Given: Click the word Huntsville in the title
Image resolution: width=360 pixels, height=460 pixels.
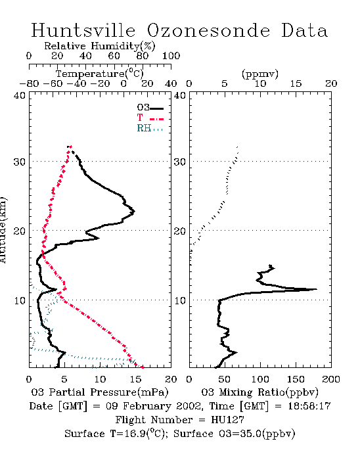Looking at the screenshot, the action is point(83,30).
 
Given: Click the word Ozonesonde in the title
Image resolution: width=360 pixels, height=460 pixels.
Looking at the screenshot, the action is point(208,30).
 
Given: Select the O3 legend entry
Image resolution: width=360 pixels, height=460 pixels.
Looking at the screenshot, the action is point(150,108).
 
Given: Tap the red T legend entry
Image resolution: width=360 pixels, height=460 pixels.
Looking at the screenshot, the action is point(150,118).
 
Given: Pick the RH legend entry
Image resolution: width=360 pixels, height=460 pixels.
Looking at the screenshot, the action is point(150,128).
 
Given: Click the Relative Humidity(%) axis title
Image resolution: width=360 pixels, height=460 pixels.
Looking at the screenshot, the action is point(100,46).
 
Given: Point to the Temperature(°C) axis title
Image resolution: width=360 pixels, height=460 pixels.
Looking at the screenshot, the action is point(100,74).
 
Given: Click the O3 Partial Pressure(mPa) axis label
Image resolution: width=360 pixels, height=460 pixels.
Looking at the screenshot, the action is point(100,392).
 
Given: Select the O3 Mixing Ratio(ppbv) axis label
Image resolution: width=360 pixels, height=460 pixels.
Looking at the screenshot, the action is point(259,392).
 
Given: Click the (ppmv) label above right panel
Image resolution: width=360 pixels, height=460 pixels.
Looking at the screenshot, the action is point(260,74).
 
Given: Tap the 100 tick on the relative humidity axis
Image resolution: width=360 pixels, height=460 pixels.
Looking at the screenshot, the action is point(171,56).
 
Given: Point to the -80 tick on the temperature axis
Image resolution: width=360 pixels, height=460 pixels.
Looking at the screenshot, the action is point(30,83).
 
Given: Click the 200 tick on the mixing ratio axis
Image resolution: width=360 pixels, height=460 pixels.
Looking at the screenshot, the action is point(331,379).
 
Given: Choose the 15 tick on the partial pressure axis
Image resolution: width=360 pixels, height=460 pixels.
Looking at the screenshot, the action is point(135,379).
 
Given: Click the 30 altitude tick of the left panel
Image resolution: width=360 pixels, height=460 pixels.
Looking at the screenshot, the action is point(19,162).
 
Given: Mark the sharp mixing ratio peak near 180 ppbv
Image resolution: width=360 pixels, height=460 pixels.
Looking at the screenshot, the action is point(317,289).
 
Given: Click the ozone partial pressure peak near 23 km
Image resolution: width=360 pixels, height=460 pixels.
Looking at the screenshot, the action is point(134,212).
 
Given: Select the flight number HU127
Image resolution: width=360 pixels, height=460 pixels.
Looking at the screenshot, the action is point(227,420).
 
